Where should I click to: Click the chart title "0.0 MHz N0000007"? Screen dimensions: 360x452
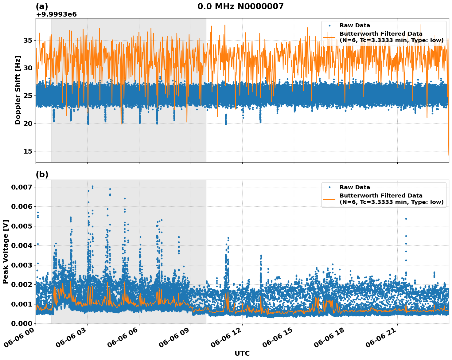pyautogui.click(x=240, y=6)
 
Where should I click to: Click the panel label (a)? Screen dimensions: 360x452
pyautogui.click(x=42, y=6)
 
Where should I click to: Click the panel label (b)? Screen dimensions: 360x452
pyautogui.click(x=42, y=174)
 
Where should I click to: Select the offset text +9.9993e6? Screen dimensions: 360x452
pyautogui.click(x=56, y=14)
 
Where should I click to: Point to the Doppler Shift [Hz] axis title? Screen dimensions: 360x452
pyautogui.click(x=18, y=90)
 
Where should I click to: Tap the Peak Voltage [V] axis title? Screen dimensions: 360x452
pyautogui.click(x=5, y=252)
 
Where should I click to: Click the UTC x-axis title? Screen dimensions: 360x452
pyautogui.click(x=242, y=353)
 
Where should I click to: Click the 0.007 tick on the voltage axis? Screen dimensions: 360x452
pyautogui.click(x=22, y=187)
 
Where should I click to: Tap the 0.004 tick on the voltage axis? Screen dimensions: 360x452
pyautogui.click(x=22, y=245)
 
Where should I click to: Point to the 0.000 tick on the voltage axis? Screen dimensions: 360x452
pyautogui.click(x=22, y=323)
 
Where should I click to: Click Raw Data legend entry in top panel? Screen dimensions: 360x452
pyautogui.click(x=355, y=25)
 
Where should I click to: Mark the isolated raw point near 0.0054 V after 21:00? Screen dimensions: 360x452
pyautogui.click(x=406, y=219)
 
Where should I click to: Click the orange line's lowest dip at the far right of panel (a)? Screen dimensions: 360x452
pyautogui.click(x=449, y=155)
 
